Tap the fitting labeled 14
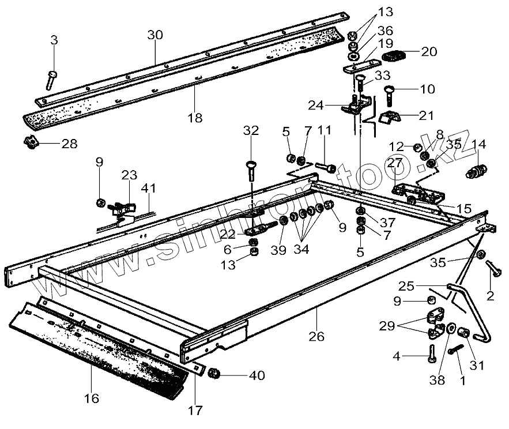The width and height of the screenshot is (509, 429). click(477, 171)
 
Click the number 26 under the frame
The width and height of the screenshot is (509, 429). click(318, 336)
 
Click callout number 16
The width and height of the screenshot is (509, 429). click(92, 398)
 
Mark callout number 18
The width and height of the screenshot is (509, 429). click(195, 118)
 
